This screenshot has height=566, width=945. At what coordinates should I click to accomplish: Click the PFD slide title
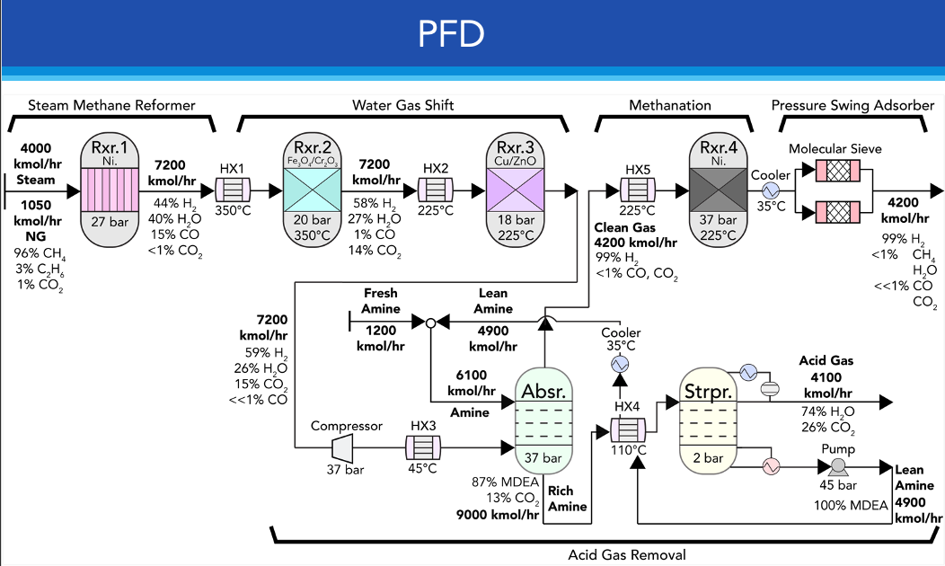452,34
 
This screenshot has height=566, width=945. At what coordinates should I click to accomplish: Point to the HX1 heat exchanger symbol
233,190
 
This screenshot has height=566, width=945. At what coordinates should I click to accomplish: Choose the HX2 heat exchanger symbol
436,190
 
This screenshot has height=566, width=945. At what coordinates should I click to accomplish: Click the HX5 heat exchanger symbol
638,190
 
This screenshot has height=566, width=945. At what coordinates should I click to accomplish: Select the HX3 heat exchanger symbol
422,447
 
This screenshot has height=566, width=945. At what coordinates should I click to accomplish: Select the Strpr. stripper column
707,419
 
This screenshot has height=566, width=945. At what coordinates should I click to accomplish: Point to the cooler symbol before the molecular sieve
770,190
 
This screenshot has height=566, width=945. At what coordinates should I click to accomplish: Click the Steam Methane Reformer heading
111,105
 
